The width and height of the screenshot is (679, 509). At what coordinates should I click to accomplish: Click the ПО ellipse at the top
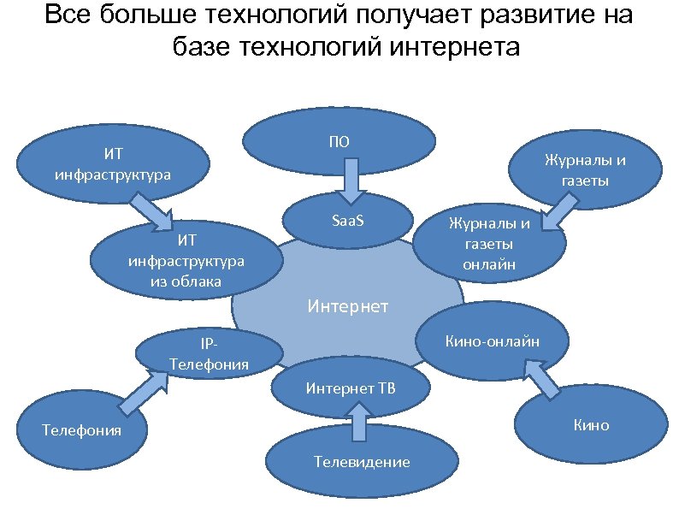339,141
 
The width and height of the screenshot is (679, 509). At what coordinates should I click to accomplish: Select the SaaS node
346,222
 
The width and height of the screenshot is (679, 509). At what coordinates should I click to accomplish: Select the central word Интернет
347,305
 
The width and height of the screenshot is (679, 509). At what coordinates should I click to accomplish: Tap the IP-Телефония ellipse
210,353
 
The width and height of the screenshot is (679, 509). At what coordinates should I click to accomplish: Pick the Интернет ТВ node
351,389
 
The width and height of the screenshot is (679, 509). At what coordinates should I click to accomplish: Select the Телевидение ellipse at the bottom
362,461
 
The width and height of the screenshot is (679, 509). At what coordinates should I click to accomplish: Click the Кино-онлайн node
492,342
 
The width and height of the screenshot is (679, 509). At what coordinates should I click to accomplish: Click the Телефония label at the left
82,429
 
